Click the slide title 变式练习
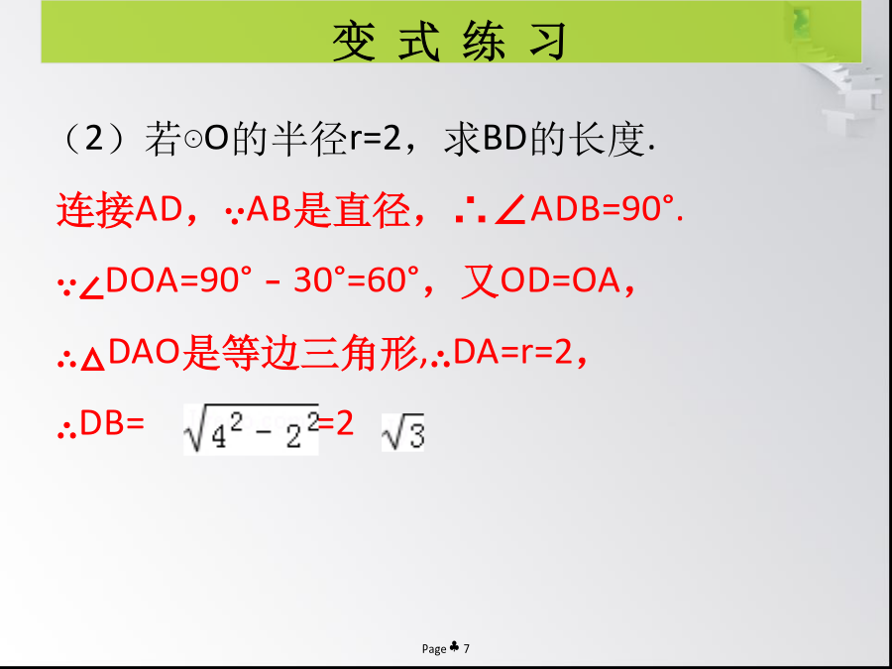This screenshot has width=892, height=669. pos(450,42)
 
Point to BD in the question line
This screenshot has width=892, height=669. pos(504,140)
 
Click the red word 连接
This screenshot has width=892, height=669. pos(95,210)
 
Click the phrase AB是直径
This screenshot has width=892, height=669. pos(328,210)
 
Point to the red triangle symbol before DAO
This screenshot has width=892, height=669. pos(93,360)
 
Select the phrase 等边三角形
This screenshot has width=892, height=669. pos(299,353)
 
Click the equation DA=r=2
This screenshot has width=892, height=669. pos(512,353)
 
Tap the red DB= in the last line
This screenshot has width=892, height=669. pos(112,424)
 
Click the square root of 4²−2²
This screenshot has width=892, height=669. pos(251,429)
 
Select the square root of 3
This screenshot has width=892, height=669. pos(402,433)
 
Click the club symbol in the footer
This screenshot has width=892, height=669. pos(455,647)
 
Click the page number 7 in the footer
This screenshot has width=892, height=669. pos(467,648)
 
